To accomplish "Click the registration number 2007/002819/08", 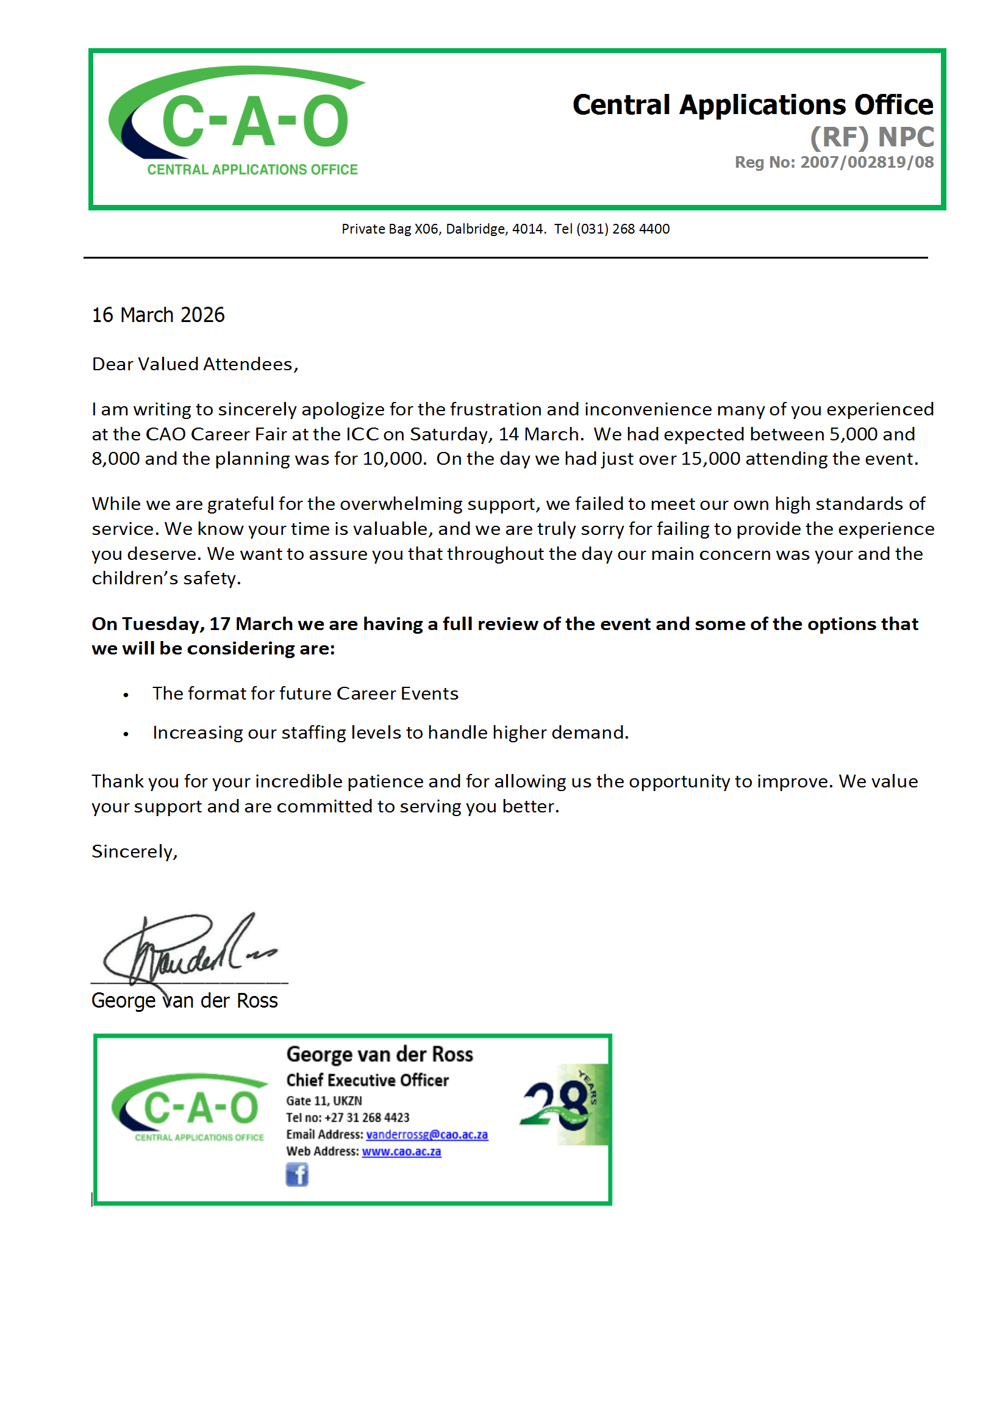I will pos(867,162).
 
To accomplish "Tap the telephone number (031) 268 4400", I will pos(623,229).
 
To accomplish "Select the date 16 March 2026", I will pos(158,315).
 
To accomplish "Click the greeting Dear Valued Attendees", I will pos(195,364).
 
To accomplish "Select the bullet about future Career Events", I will pos(305,693).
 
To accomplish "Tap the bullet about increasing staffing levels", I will pos(390,733).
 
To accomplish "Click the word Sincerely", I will pos(134,851).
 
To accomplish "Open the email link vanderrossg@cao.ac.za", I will pos(427,1134).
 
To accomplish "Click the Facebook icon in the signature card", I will pos(297,1175).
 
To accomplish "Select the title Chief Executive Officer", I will pos(367,1080).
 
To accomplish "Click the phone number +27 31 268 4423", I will pos(366,1117).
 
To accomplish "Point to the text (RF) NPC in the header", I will pos(871,137).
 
